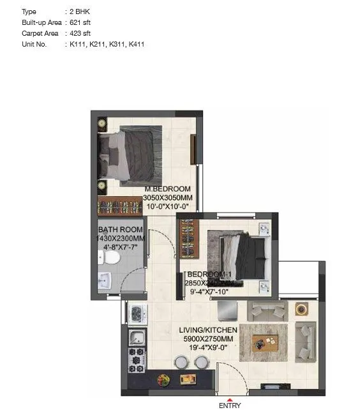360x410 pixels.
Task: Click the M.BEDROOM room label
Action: [167, 189]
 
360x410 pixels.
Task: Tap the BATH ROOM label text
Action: [120, 229]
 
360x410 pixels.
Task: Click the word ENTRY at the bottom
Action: [229, 405]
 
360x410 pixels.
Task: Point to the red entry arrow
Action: [229, 399]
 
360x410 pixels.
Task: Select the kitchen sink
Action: [137, 338]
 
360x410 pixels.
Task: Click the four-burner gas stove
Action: [137, 361]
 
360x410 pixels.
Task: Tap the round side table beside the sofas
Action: [301, 309]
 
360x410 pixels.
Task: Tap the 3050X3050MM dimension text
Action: [167, 198]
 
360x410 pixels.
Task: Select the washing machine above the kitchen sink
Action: [138, 312]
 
